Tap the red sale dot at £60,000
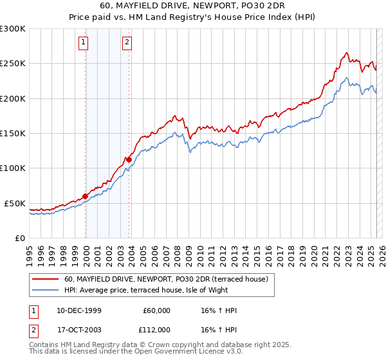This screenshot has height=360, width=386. click(x=86, y=196)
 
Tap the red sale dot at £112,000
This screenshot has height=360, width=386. click(x=129, y=159)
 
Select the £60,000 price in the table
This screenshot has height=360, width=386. click(x=156, y=310)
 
